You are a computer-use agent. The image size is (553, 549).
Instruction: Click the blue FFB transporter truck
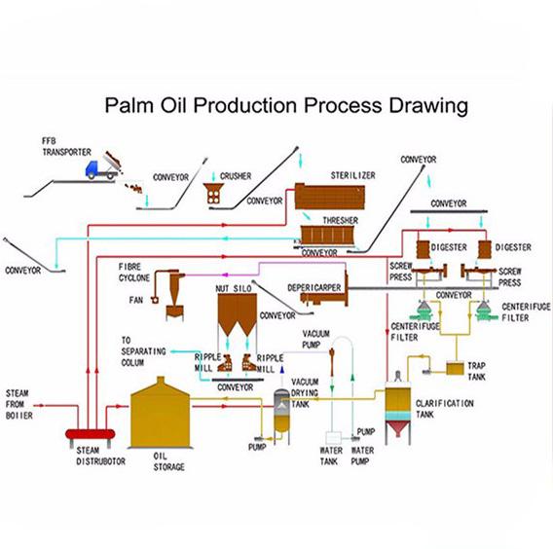(101, 170)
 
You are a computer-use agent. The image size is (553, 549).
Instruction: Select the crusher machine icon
(213, 194)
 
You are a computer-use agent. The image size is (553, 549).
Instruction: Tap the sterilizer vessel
(330, 197)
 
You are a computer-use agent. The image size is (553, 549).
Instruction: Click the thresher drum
(326, 236)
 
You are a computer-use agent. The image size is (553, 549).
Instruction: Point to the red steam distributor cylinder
(91, 434)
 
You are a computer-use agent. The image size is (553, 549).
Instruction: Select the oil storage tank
(161, 413)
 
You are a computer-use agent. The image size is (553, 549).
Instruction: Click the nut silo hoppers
(237, 314)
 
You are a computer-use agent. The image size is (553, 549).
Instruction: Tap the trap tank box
(455, 368)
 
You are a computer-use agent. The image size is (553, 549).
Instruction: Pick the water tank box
(333, 438)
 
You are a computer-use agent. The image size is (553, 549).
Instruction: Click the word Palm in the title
(129, 105)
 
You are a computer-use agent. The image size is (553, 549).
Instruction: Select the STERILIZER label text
(353, 175)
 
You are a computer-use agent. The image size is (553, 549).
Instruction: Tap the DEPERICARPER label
(314, 288)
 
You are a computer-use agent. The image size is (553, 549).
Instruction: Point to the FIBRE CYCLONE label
(134, 273)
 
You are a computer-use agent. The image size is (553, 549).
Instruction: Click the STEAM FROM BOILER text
(19, 404)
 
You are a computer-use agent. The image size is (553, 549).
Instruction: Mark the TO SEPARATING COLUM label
(143, 351)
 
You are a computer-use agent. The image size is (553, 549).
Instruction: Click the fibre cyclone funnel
(174, 294)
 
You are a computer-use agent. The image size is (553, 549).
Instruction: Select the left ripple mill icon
(225, 362)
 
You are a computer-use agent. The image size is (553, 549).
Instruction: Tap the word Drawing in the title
(428, 106)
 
